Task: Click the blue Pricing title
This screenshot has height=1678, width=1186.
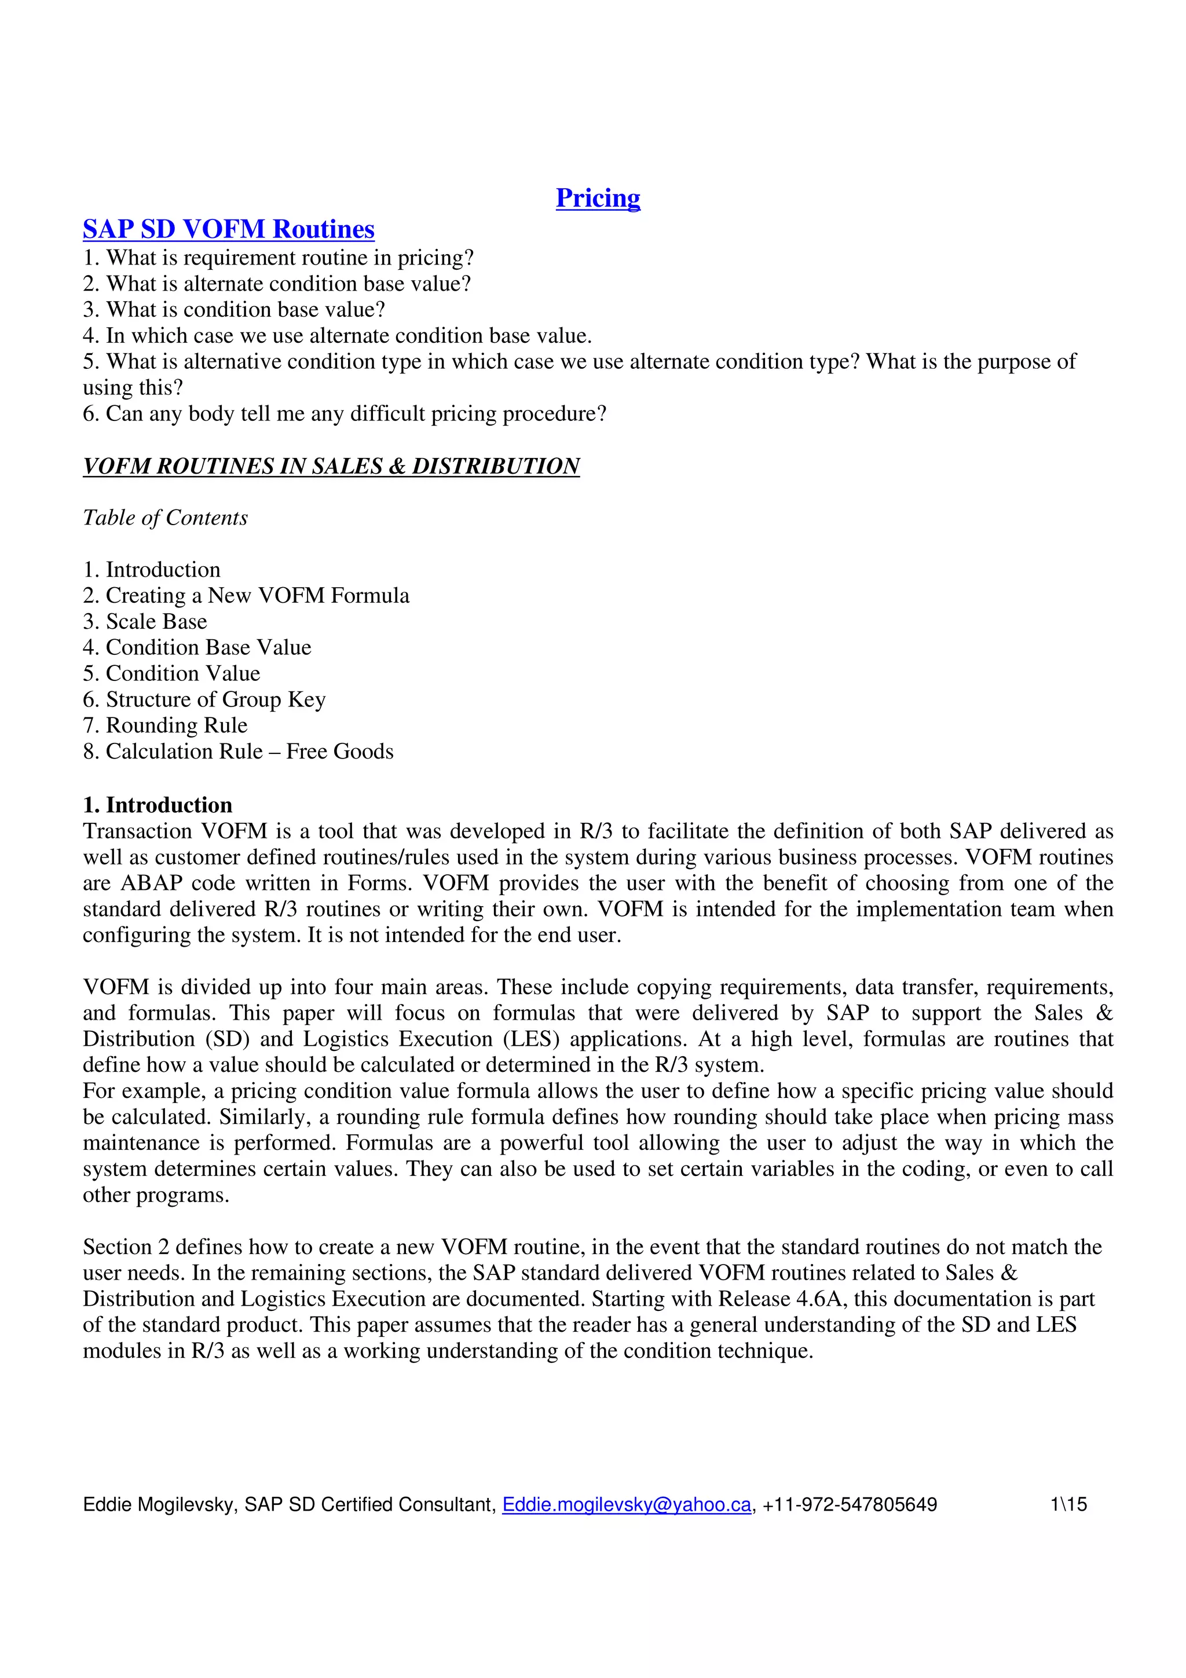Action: [x=598, y=198]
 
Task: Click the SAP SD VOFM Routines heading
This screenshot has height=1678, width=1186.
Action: [x=228, y=229]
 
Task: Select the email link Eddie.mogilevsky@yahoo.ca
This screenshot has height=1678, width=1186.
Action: [x=626, y=1505]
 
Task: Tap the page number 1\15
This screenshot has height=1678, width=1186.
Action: [x=1068, y=1505]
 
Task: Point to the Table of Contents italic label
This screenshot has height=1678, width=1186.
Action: [x=165, y=518]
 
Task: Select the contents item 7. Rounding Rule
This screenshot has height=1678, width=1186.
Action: [x=165, y=725]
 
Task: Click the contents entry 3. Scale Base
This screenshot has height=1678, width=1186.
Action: [x=145, y=621]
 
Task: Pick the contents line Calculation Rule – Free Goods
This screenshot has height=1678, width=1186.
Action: [x=249, y=752]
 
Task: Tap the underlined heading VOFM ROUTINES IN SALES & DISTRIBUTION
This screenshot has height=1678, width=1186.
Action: [x=331, y=466]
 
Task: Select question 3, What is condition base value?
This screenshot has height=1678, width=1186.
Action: [x=233, y=310]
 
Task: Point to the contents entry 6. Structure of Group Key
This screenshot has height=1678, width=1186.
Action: [x=204, y=699]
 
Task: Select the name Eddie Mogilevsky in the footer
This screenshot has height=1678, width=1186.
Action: [x=159, y=1505]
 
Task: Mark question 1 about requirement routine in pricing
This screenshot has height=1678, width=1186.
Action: [x=278, y=258]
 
